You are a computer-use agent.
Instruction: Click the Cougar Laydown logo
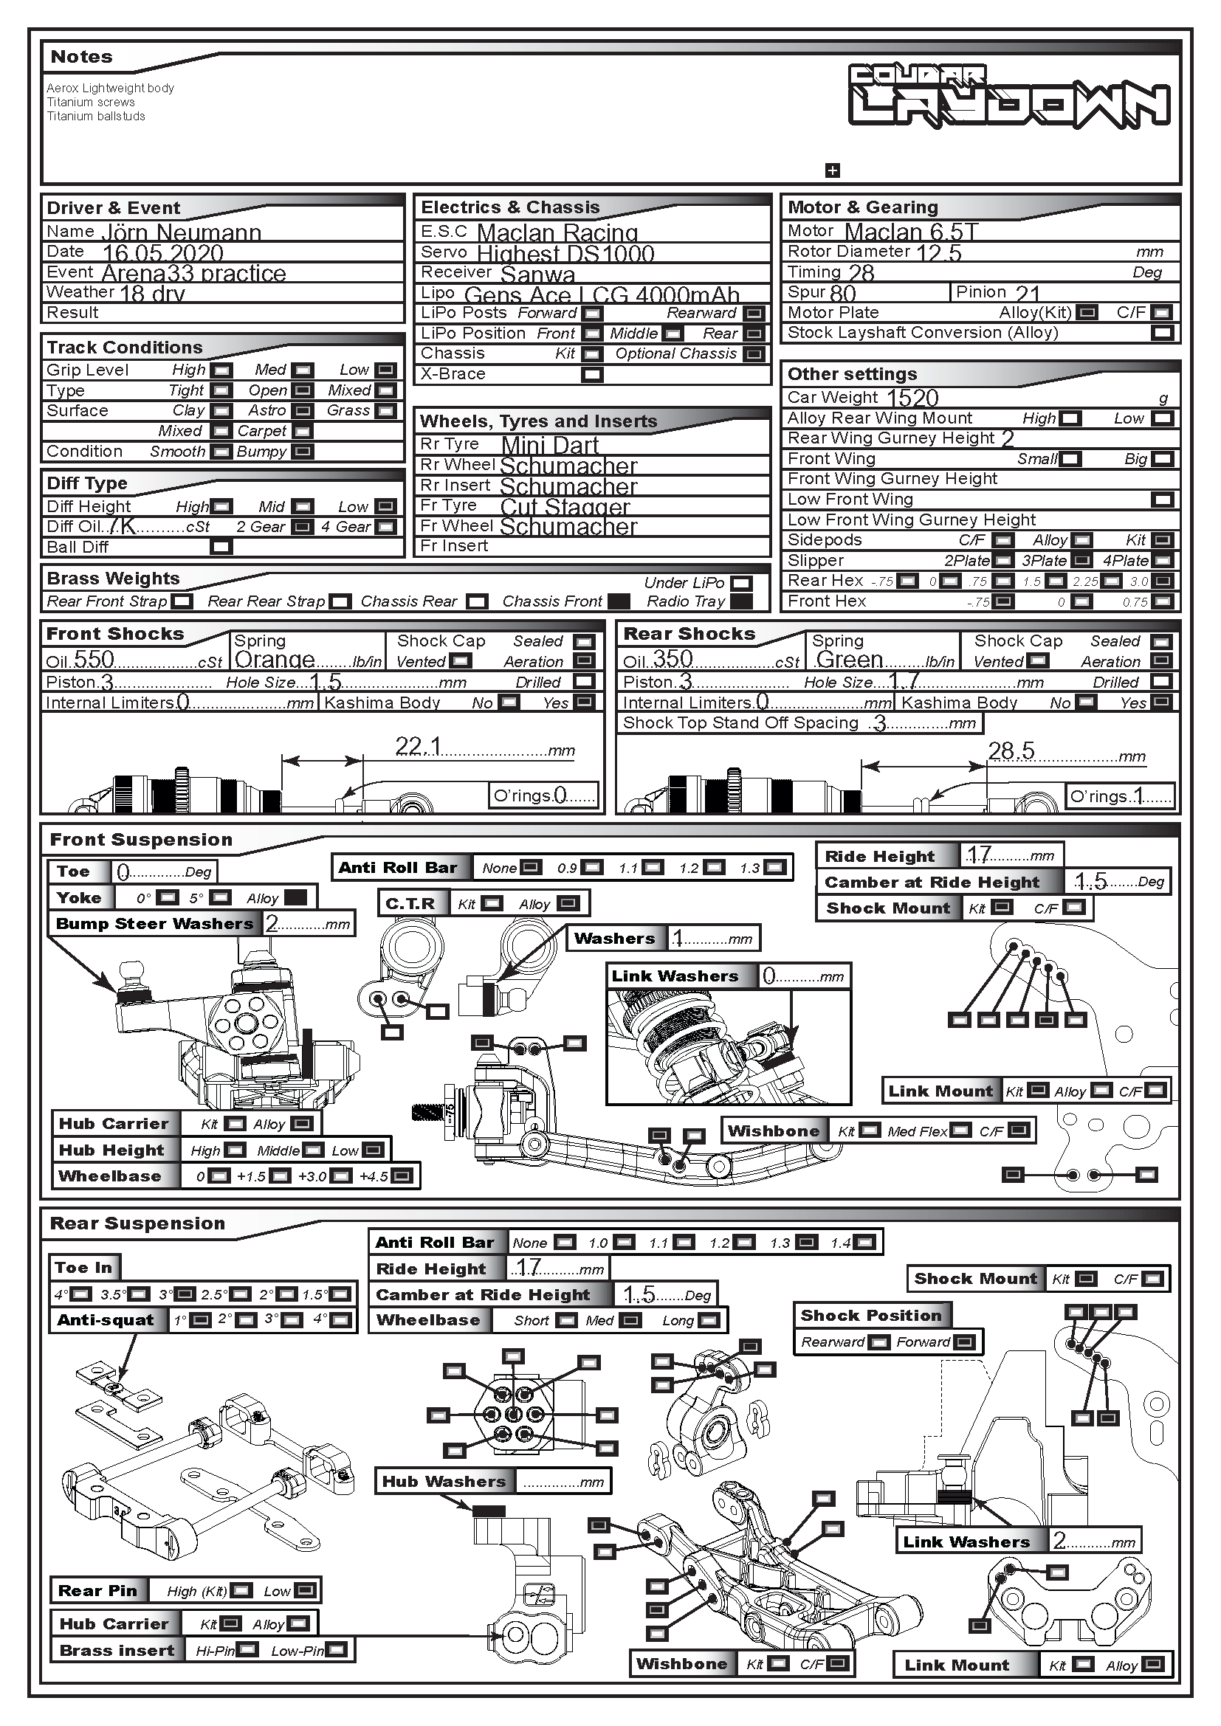click(1008, 96)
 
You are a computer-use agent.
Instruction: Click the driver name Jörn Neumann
click(181, 232)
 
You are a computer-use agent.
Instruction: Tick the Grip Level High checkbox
click(221, 370)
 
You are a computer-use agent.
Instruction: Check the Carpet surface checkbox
click(302, 431)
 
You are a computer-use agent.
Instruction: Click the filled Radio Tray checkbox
click(741, 601)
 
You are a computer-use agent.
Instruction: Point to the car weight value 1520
click(912, 398)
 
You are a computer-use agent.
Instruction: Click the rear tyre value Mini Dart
click(550, 445)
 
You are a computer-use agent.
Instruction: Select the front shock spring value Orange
click(275, 660)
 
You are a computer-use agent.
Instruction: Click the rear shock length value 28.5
click(1011, 750)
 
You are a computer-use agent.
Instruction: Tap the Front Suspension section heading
click(140, 840)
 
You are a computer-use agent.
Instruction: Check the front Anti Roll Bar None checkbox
click(531, 868)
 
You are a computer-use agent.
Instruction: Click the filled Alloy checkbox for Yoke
click(295, 897)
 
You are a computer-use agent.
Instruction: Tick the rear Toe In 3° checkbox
click(185, 1294)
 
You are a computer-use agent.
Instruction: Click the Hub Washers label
click(444, 1482)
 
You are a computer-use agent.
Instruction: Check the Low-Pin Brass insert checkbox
click(336, 1650)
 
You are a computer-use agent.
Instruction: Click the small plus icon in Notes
click(832, 170)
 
